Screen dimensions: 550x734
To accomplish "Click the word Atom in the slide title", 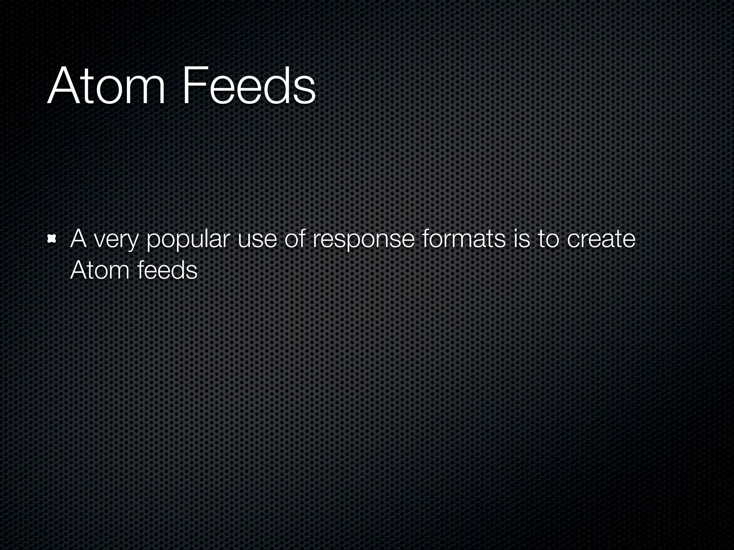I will [106, 86].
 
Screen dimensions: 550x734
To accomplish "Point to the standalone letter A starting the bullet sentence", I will [78, 238].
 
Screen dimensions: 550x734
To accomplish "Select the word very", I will [116, 241].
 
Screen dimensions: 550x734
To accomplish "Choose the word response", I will [363, 241].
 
